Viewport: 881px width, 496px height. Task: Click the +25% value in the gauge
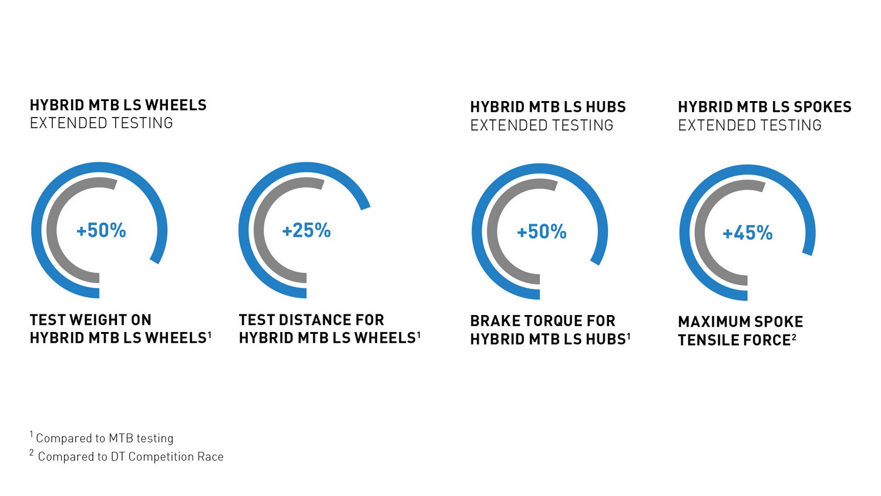point(307,230)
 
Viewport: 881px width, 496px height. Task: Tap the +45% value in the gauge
point(747,233)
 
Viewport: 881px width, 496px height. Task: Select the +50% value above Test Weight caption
point(101,230)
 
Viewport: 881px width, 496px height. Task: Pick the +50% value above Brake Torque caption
point(542,232)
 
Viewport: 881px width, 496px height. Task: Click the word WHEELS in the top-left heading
point(176,105)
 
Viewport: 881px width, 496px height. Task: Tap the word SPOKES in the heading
point(823,107)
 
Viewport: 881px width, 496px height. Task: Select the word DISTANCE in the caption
point(315,320)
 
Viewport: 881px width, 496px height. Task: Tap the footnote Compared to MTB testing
point(102,438)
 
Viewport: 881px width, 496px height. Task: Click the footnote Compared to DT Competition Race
point(127,456)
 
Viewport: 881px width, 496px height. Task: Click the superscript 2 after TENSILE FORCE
point(793,337)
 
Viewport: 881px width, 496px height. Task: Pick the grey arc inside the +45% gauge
point(701,232)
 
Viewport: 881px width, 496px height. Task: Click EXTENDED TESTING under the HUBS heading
point(542,125)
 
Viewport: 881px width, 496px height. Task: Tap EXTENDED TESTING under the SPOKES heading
point(749,125)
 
